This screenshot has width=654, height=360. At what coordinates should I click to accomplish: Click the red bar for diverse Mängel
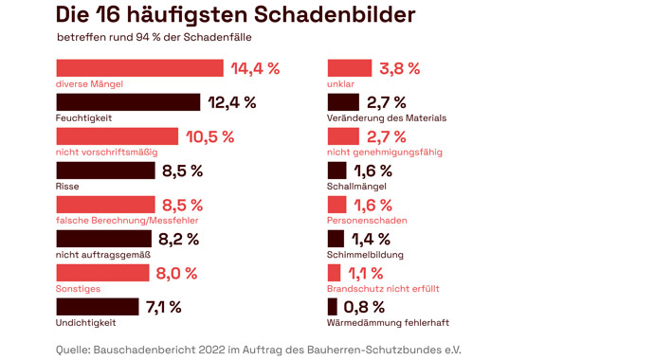pos(139,68)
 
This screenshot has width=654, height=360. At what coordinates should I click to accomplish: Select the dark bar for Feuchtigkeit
pos(128,102)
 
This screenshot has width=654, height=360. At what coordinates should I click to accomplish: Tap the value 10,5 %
pos(209,136)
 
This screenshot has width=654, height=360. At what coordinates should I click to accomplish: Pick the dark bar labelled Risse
pos(105,171)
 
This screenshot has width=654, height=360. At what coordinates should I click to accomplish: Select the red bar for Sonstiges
pos(102,273)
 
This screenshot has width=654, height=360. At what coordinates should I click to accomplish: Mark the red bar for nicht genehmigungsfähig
pos(342,136)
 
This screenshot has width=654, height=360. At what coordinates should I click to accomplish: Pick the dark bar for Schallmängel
pos(336,171)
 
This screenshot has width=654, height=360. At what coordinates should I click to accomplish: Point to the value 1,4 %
pos(371,239)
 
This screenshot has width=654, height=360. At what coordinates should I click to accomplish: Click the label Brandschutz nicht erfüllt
pos(382,289)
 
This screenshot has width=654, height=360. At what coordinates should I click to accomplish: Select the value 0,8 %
pos(366,307)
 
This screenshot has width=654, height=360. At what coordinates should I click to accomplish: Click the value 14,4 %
pos(255,68)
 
